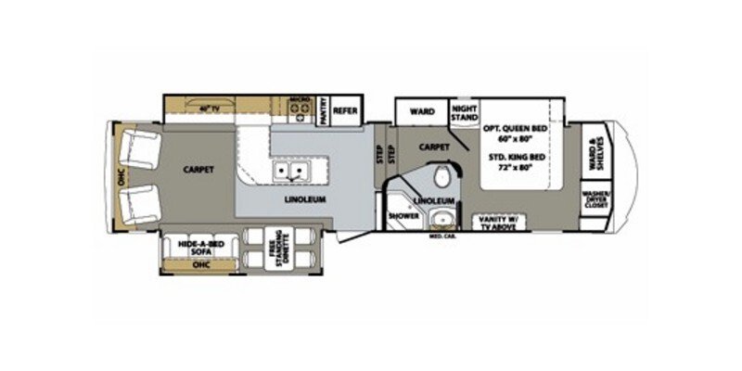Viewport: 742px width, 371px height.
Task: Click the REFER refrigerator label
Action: click(346, 109)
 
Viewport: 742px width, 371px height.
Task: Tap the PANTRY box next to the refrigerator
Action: click(324, 110)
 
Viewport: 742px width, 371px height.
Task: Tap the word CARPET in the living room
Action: click(199, 170)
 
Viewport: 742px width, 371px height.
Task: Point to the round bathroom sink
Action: click(443, 220)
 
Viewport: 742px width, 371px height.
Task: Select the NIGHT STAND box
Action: click(464, 112)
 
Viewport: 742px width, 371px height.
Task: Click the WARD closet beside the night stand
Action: click(422, 111)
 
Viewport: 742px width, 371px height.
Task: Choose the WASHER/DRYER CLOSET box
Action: click(593, 200)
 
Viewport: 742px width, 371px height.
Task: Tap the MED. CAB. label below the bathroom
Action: click(441, 237)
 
